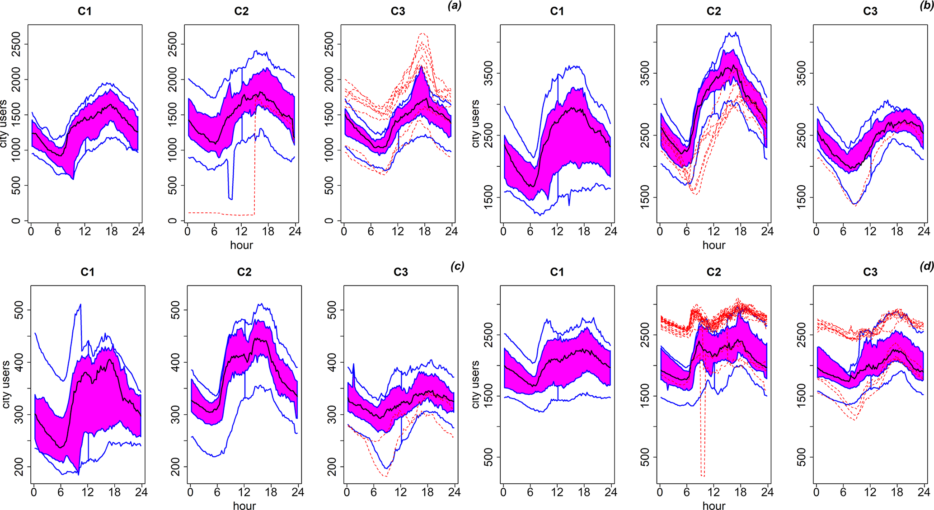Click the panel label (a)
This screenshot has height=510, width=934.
tap(454, 6)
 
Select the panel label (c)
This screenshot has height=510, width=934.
tap(457, 267)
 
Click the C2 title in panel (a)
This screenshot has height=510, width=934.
tap(241, 11)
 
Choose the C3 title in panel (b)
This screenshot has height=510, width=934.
tap(870, 11)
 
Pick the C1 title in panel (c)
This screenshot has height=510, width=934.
tap(87, 272)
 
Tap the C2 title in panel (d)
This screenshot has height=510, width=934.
tap(713, 272)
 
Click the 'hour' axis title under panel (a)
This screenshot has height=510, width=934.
tap(241, 245)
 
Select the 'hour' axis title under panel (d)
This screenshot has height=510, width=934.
tap(713, 506)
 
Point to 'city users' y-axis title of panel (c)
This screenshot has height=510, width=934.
tap(6, 384)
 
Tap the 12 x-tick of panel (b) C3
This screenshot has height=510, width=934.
tap(870, 232)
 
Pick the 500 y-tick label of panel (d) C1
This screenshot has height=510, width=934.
tap(489, 457)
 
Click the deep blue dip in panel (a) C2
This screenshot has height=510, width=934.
tap(230, 198)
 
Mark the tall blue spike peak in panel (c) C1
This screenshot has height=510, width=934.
tap(80, 305)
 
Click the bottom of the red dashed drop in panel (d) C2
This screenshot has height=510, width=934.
tap(702, 475)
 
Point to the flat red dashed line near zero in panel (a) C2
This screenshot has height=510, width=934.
tap(217, 213)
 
